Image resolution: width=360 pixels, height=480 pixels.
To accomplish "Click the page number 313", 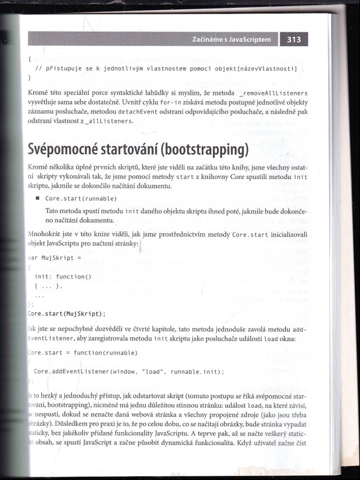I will tap(293, 40).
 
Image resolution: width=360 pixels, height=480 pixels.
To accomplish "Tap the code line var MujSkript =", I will tap(54, 258).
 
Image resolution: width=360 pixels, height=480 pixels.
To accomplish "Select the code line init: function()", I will tap(63, 277).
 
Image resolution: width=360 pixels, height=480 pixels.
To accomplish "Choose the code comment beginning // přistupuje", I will tap(57, 68).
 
